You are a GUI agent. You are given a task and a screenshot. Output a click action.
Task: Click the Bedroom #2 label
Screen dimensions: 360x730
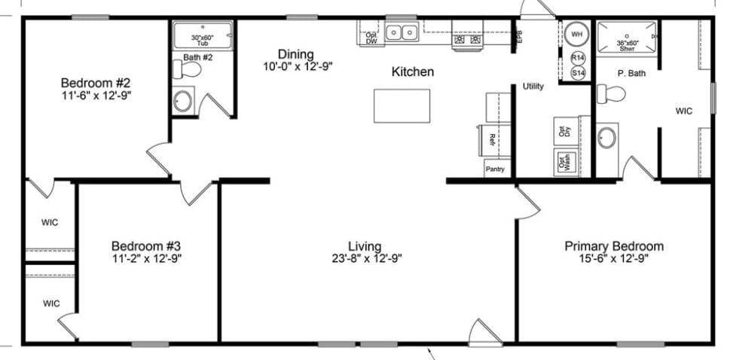pos(96,83)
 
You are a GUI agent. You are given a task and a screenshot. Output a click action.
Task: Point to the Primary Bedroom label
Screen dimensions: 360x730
pos(614,246)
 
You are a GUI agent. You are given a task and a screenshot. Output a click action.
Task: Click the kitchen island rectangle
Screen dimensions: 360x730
pos(402,105)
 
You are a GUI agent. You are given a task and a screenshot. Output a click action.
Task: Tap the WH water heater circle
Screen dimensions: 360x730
pos(577,34)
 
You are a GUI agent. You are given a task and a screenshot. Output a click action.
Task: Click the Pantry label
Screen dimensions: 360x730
pos(495,169)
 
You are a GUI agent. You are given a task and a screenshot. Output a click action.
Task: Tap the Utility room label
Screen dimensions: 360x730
pos(533,87)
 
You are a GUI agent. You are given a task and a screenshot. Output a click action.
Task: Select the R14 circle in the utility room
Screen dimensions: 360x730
pos(578,58)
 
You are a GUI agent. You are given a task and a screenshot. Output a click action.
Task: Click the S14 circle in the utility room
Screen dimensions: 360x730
pos(578,72)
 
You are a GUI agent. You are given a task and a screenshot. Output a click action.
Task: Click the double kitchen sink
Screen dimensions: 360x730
pos(402,32)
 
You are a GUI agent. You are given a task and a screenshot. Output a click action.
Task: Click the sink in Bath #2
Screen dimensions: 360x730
pos(182,101)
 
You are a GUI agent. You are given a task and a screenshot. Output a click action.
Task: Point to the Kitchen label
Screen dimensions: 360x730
pos(412,72)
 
